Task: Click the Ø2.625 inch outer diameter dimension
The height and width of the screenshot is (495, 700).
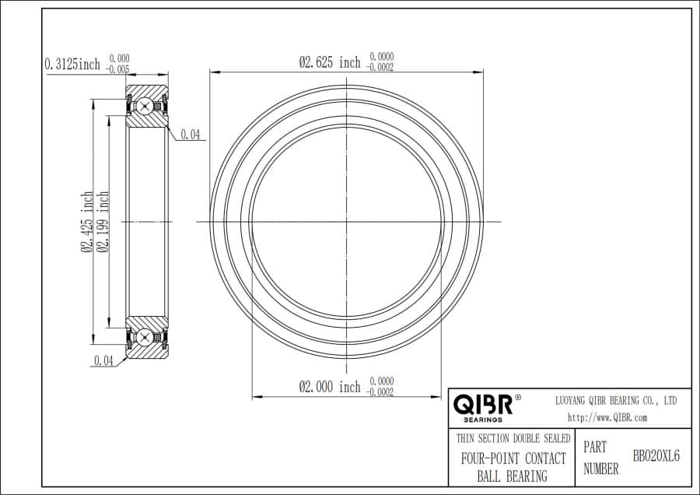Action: (x=330, y=62)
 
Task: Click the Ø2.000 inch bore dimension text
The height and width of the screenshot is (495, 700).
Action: (x=330, y=387)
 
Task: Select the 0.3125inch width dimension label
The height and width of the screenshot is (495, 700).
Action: (x=73, y=64)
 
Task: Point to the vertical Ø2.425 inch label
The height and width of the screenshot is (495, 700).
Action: (x=87, y=222)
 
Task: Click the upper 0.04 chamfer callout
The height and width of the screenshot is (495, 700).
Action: (x=191, y=135)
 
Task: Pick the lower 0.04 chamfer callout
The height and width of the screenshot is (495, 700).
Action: (x=103, y=360)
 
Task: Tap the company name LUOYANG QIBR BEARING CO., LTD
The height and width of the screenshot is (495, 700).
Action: (x=615, y=400)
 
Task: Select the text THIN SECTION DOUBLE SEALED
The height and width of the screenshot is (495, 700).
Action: (x=513, y=439)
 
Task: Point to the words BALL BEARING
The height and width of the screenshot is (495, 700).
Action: (x=512, y=476)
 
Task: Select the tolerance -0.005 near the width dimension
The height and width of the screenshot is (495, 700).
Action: (x=119, y=69)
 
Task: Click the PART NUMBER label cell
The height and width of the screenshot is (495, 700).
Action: (x=601, y=458)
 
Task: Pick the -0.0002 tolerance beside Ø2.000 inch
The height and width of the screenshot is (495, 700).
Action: (x=380, y=392)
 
